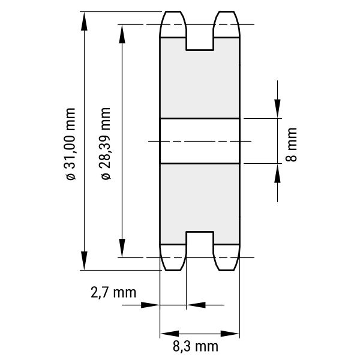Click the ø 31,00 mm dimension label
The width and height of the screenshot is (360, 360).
pos(70,144)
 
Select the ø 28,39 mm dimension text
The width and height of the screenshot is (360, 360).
pos(106,143)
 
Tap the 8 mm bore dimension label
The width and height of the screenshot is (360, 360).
pos(291,145)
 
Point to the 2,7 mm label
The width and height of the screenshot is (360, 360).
pos(113,293)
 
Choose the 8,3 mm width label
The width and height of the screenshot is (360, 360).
pos(196,346)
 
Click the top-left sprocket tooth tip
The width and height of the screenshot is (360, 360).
pos(173,11)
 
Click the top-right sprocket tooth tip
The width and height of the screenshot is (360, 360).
pos(226,11)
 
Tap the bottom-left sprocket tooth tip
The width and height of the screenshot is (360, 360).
pos(173,270)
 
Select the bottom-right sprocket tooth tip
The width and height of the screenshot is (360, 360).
pos(226,270)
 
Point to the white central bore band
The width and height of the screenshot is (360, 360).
pos(200,141)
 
